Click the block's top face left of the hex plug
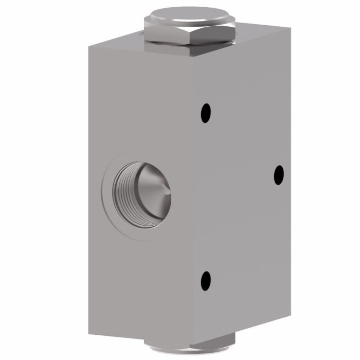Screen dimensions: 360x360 [118, 43]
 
